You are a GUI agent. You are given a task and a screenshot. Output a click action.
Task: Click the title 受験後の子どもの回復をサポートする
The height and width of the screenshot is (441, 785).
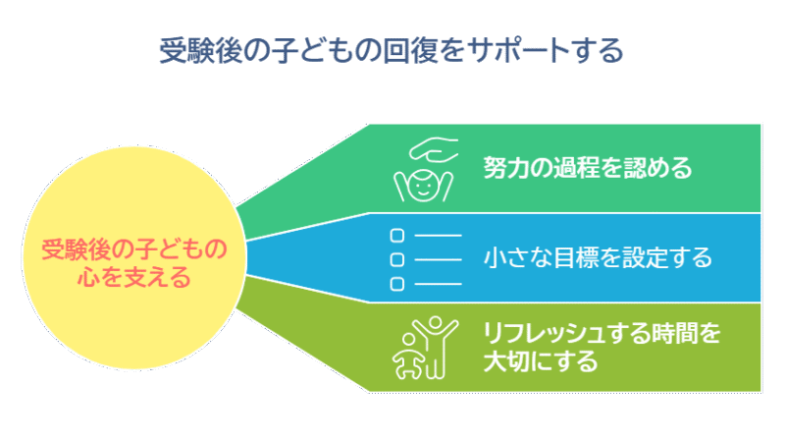(x=392, y=51)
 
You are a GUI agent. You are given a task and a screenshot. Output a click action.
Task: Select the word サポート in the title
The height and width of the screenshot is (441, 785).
(x=518, y=51)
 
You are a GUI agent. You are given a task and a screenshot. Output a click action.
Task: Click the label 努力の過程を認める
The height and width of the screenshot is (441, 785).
(x=587, y=168)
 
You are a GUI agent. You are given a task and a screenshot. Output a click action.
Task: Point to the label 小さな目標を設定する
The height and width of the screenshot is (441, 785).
(x=598, y=257)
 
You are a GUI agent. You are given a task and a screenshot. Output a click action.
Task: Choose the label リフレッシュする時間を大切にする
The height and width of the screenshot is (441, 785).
(x=602, y=347)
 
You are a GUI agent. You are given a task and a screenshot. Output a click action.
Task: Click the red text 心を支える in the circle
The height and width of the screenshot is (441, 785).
(x=134, y=277)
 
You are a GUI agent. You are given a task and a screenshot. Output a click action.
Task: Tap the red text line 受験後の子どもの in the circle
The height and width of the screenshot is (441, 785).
(x=134, y=249)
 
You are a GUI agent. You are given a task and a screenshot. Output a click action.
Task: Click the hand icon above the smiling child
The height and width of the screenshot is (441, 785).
(x=434, y=149)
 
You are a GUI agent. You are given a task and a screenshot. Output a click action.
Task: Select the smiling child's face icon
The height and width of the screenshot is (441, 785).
(x=423, y=186)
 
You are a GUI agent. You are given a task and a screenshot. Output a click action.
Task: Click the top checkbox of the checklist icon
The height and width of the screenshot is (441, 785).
(x=397, y=235)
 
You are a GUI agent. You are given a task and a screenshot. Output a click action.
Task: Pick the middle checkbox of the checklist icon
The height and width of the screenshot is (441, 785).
(x=397, y=259)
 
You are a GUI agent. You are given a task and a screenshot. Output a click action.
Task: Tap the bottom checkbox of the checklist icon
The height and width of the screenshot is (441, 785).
(x=397, y=284)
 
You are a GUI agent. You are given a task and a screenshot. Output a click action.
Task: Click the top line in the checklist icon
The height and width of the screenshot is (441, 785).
(x=438, y=235)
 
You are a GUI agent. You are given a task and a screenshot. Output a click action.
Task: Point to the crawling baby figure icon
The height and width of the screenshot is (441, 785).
(x=408, y=357)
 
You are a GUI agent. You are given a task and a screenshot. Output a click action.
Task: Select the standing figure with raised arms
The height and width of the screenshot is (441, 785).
(x=435, y=347)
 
